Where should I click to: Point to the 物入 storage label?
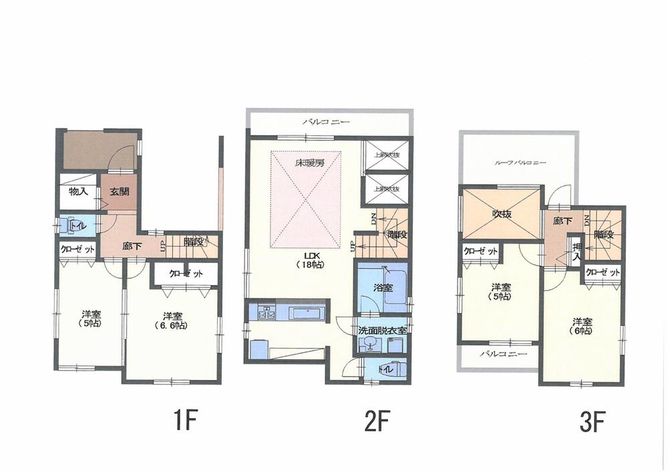79,191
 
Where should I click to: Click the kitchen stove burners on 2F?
261,312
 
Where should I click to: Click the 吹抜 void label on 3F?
502,215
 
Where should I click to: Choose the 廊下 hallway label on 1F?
131,246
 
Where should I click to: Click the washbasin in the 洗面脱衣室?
368,345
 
